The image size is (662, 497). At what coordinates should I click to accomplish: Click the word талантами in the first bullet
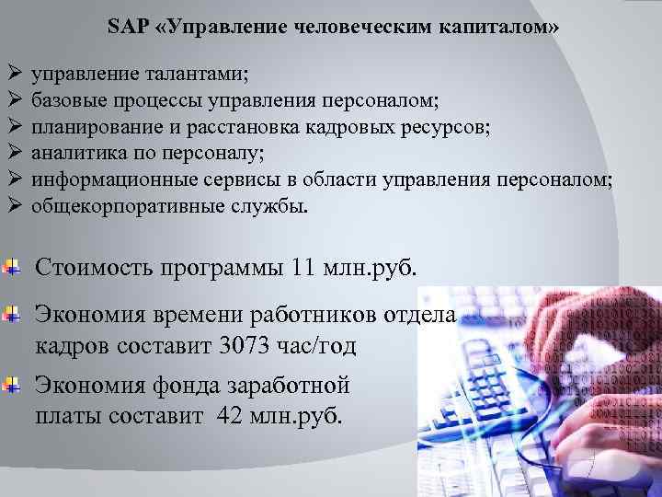pyautogui.click(x=201, y=71)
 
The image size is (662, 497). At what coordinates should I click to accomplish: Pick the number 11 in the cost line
pyautogui.click(x=304, y=269)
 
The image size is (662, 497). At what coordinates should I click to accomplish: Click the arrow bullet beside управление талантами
pyautogui.click(x=13, y=71)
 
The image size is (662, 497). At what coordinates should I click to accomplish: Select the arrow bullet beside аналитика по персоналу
pyautogui.click(x=13, y=152)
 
